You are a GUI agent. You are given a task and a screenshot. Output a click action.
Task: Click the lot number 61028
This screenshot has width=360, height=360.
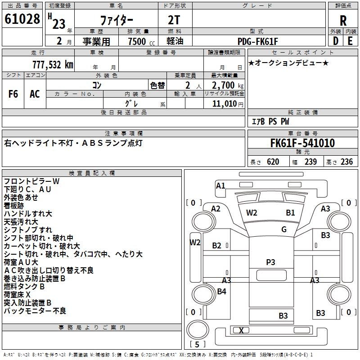[x=22, y=19]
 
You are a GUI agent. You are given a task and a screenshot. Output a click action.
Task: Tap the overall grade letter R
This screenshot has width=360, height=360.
[x=343, y=20]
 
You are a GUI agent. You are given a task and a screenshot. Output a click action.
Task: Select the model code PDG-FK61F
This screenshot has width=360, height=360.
[x=258, y=41]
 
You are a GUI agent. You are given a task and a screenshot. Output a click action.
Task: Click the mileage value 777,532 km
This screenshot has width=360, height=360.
[x=52, y=64]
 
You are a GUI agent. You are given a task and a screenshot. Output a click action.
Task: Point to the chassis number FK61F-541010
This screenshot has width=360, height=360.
[x=302, y=143]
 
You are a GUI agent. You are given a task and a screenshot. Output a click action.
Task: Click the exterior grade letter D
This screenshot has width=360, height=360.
[x=335, y=41]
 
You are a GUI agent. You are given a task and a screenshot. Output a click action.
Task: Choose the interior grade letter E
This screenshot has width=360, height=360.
[x=350, y=41]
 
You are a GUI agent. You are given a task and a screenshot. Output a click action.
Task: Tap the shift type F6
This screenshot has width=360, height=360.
[x=13, y=94]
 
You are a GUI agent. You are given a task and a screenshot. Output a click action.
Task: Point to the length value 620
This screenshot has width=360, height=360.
[x=273, y=162]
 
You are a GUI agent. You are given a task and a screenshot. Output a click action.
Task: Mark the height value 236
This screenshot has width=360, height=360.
[x=346, y=162]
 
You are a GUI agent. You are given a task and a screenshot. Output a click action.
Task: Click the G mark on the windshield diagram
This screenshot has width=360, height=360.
[x=284, y=229]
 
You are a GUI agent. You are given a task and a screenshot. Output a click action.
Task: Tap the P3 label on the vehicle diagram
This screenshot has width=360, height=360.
[x=270, y=262]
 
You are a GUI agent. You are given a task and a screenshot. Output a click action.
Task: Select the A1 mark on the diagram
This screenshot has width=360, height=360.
[x=220, y=185]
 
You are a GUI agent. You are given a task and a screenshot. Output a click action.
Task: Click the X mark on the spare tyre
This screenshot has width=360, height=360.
[x=241, y=331]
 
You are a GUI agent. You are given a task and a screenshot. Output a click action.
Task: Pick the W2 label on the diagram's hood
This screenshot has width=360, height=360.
[x=252, y=212]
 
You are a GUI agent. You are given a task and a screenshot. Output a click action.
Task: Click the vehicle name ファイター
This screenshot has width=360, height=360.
[x=117, y=21]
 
